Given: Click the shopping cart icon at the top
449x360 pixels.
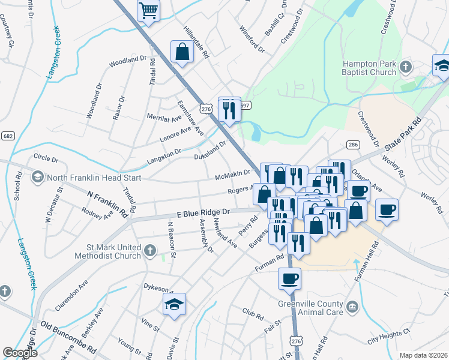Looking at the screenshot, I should pos(148,10).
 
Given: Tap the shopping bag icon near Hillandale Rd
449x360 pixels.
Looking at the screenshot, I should pos(182,52).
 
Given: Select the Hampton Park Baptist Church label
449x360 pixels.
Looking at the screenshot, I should pos(369,68).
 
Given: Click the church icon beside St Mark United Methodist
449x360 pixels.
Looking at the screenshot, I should pos(149,250).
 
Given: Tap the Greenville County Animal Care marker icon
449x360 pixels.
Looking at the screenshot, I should pos(354,308).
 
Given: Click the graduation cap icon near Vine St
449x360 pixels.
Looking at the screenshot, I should pos(174,305).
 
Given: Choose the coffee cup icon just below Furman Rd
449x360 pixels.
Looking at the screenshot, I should pos(290,279).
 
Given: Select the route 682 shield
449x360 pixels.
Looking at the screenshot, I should pos(8,136).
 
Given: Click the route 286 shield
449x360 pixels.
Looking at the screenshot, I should pos(353,145).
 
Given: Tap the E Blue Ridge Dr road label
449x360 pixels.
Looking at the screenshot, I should pos(203,213).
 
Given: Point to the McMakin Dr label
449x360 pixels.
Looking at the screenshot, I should pos(232,175).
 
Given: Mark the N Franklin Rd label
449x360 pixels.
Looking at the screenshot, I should pos(108,203).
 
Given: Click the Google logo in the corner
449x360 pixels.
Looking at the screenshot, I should pos(20,353).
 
